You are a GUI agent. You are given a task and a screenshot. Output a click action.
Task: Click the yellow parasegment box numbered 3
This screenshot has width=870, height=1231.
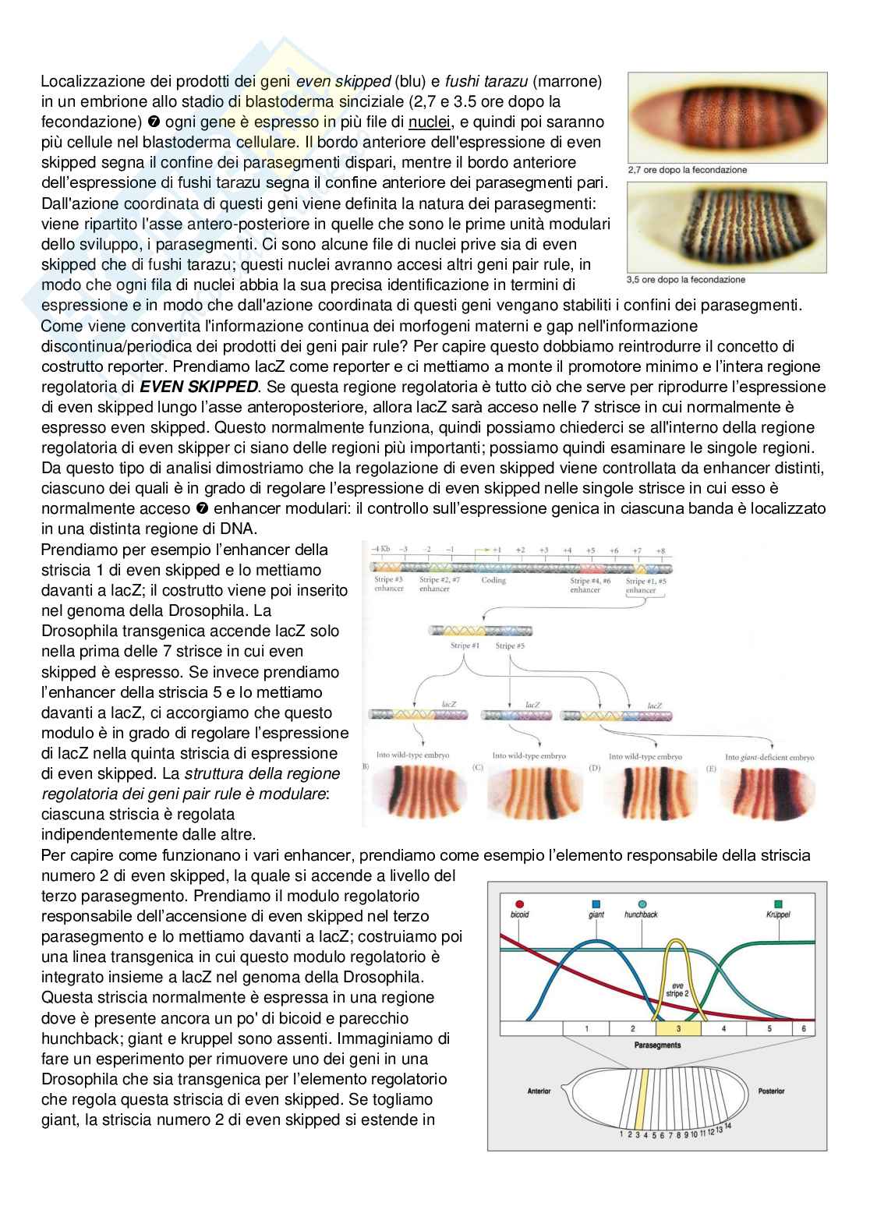pyautogui.click(x=678, y=1028)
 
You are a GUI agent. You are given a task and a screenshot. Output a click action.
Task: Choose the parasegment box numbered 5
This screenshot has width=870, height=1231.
pyautogui.click(x=769, y=1028)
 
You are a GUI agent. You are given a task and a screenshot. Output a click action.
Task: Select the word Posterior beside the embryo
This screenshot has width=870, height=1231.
pyautogui.click(x=769, y=1091)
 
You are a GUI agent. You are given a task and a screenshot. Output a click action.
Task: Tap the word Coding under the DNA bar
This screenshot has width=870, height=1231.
pyautogui.click(x=493, y=580)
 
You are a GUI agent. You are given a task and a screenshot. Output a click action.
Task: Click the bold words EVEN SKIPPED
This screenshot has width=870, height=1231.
pyautogui.click(x=186, y=387)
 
